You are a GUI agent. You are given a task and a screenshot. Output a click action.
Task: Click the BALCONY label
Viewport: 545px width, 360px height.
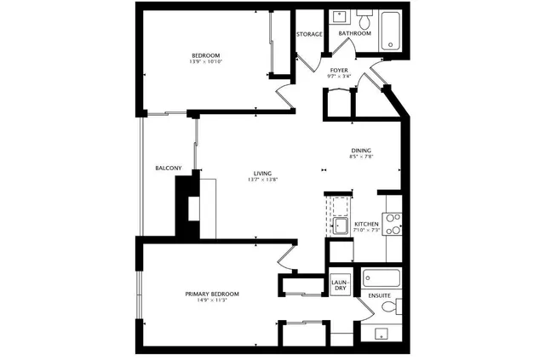tap(168, 169)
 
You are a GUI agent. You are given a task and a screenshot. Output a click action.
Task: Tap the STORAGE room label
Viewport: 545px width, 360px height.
tap(309, 34)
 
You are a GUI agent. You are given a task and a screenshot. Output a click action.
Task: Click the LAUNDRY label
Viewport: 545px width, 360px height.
tap(339, 285)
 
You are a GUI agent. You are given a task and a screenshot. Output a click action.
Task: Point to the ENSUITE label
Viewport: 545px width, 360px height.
tap(380, 295)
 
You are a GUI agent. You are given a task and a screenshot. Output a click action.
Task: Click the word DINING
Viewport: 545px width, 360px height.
tap(361, 151)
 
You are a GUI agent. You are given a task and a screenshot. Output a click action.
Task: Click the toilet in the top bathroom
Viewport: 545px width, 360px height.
tap(363, 20)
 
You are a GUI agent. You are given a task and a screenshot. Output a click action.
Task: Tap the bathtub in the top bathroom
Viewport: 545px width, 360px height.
tap(393, 30)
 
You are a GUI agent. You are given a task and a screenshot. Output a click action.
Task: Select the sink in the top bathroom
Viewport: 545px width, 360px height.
tap(338, 17)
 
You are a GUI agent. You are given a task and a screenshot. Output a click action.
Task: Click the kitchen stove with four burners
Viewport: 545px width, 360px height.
tap(394, 224)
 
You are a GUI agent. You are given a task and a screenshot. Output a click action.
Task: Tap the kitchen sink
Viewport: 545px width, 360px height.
tap(340, 226)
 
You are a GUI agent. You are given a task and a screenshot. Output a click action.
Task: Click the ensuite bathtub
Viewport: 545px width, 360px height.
tap(382, 277)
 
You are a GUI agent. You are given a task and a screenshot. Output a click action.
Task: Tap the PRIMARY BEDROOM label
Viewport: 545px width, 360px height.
tap(212, 294)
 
